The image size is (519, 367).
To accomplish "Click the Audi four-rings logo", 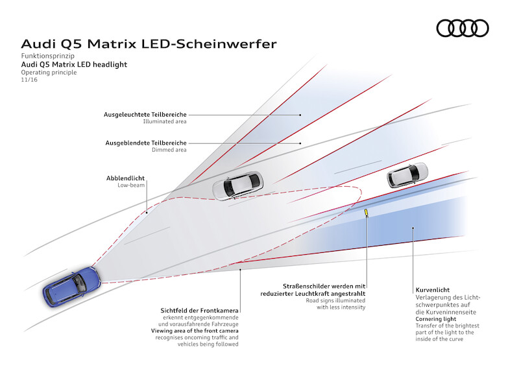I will pyautogui.click(x=462, y=28).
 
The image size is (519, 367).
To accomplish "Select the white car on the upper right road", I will pyautogui.click(x=407, y=176).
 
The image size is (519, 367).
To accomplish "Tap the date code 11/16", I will pyautogui.click(x=29, y=80).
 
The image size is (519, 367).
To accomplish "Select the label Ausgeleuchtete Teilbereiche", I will pyautogui.click(x=145, y=114).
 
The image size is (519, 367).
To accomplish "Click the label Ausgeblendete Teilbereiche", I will pyautogui.click(x=146, y=143).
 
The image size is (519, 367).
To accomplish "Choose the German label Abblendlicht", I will pyautogui.click(x=127, y=178).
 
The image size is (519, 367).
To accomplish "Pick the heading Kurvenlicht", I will pyautogui.click(x=432, y=290).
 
